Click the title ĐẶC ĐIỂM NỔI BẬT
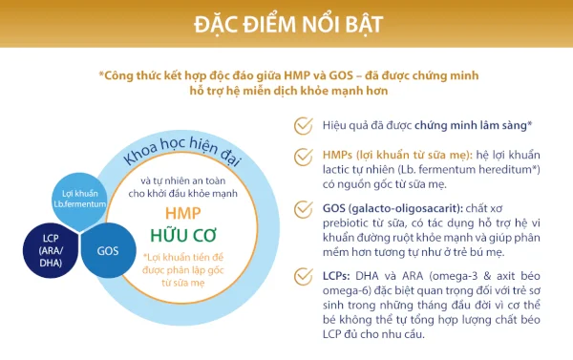(x=286, y=23)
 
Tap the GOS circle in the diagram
(x=107, y=251)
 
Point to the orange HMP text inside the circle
(x=183, y=213)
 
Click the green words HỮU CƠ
(x=183, y=235)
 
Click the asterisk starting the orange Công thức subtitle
(x=101, y=74)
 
